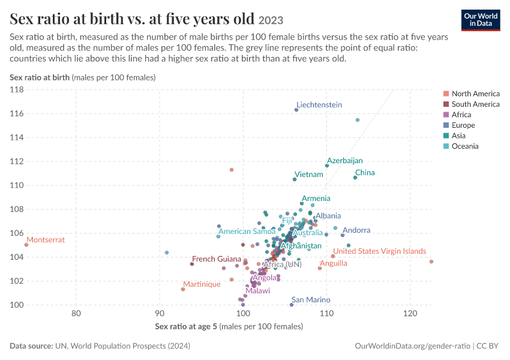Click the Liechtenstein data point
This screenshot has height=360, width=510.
[x=296, y=110]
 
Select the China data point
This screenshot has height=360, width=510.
[x=355, y=178]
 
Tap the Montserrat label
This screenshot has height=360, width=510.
[x=46, y=240]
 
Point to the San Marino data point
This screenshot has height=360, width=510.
[x=292, y=305]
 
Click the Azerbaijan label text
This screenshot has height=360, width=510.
[x=345, y=161]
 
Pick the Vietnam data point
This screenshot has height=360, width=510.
[x=295, y=179]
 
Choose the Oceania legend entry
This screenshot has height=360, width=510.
[x=461, y=146]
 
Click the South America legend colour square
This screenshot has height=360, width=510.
[x=446, y=104]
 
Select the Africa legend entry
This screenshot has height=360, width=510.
[x=457, y=115]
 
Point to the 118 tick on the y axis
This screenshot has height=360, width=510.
[x=17, y=90]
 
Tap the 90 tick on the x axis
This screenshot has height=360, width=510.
[x=160, y=313]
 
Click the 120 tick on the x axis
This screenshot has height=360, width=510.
[x=410, y=313]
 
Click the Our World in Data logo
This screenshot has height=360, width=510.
[x=481, y=20]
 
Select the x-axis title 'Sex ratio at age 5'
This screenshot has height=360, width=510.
[x=186, y=326]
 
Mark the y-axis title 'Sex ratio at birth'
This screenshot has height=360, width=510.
[x=40, y=77]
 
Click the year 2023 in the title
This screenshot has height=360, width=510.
[x=271, y=20]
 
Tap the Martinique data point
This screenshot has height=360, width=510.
[x=183, y=289]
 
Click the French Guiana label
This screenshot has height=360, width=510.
[x=216, y=259]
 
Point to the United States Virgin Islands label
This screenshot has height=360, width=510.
[x=380, y=251]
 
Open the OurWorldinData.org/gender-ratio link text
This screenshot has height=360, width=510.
[x=412, y=346]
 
